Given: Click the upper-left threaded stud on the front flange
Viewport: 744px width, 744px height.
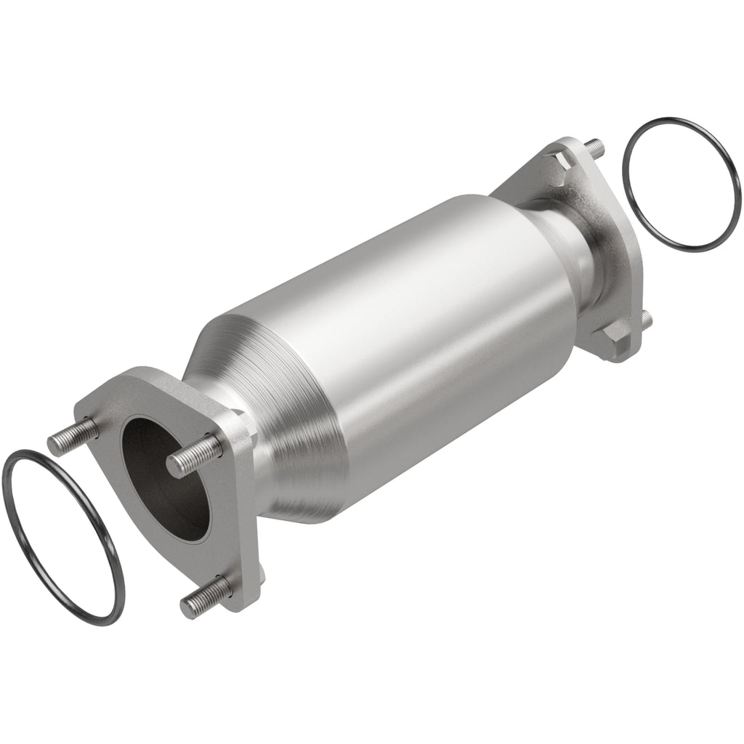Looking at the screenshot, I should tap(73, 434).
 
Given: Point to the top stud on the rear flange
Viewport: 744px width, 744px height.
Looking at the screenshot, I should tap(594, 145).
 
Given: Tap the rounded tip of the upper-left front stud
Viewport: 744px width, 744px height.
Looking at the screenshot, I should tap(54, 442).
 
